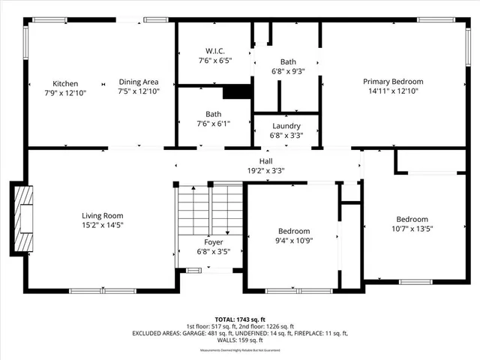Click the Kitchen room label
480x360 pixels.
pyautogui.click(x=65, y=83)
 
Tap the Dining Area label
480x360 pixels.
pyautogui.click(x=139, y=82)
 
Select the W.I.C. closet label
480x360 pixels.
pyautogui.click(x=214, y=51)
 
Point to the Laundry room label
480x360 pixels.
pyautogui.click(x=286, y=126)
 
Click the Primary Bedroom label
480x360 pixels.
pyautogui.click(x=393, y=82)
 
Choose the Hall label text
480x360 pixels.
pyautogui.click(x=266, y=160)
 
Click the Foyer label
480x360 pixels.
pyautogui.click(x=214, y=242)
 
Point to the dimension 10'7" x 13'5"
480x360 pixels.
pyautogui.click(x=412, y=228)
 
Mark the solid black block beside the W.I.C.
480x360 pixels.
pyautogui.click(x=237, y=91)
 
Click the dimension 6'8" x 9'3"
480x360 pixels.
pyautogui.click(x=288, y=71)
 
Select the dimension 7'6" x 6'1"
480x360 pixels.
pyautogui.click(x=214, y=124)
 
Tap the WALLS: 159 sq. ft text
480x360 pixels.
pyautogui.click(x=240, y=340)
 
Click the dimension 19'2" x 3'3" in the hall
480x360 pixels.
pyautogui.click(x=266, y=170)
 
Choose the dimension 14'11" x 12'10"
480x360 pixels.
pyautogui.click(x=393, y=91)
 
